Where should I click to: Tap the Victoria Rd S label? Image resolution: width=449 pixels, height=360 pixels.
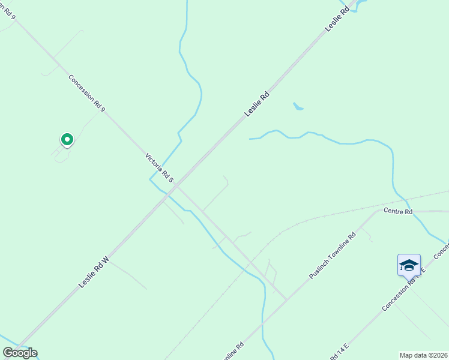(x=159, y=167)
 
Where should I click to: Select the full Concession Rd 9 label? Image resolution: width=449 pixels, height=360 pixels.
(x=86, y=93)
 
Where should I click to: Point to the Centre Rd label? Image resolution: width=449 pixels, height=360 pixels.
(x=398, y=212)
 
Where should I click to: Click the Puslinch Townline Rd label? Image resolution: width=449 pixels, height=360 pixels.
(x=332, y=256)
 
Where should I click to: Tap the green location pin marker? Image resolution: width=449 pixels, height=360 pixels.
(x=67, y=140)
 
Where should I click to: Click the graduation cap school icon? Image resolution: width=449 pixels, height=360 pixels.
(x=409, y=265)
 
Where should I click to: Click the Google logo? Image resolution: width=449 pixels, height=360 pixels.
(x=20, y=353)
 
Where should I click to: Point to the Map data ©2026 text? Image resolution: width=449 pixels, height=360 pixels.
(x=423, y=355)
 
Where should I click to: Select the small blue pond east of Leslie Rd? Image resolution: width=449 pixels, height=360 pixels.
(x=298, y=107)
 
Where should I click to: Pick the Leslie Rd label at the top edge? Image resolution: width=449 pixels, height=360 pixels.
(x=337, y=19)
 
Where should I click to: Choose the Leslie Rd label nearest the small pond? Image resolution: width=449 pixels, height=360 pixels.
(x=257, y=104)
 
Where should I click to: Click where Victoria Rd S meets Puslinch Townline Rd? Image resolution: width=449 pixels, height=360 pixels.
(x=286, y=298)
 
